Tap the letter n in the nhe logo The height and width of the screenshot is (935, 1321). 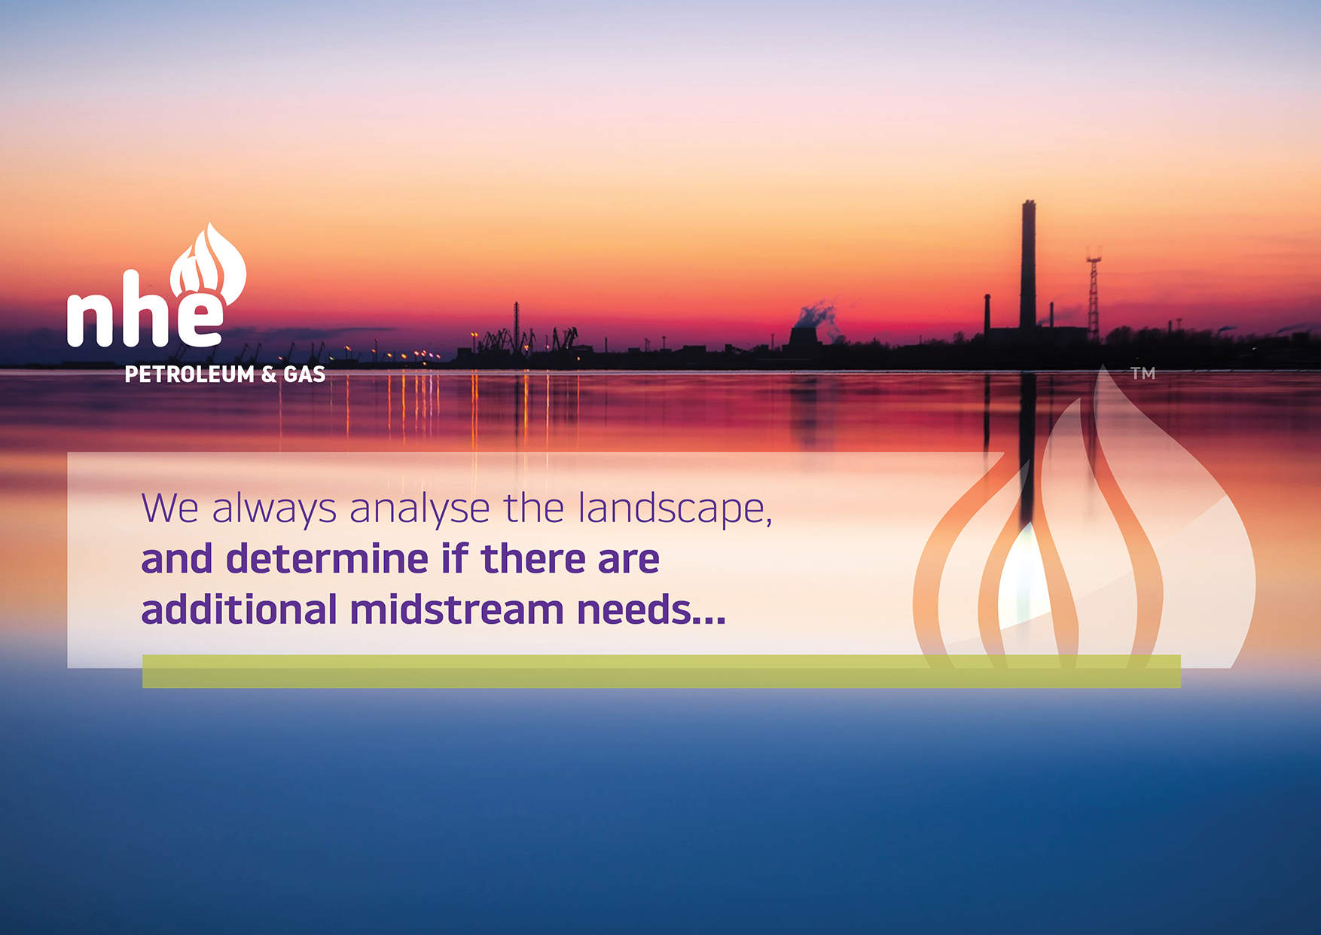90,319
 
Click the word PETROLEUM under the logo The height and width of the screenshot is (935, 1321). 190,374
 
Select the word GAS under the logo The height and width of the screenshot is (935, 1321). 304,374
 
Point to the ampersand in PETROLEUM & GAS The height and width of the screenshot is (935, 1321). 269,374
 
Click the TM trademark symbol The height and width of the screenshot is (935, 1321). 1143,373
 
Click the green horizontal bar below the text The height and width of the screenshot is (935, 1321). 661,671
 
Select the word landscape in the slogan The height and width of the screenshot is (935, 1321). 675,509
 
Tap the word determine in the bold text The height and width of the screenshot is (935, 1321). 328,559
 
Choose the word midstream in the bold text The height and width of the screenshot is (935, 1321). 457,610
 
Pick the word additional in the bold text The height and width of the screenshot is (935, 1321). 239,610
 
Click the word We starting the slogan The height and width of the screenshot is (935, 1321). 170,509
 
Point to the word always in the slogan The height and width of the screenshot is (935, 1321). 274,509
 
